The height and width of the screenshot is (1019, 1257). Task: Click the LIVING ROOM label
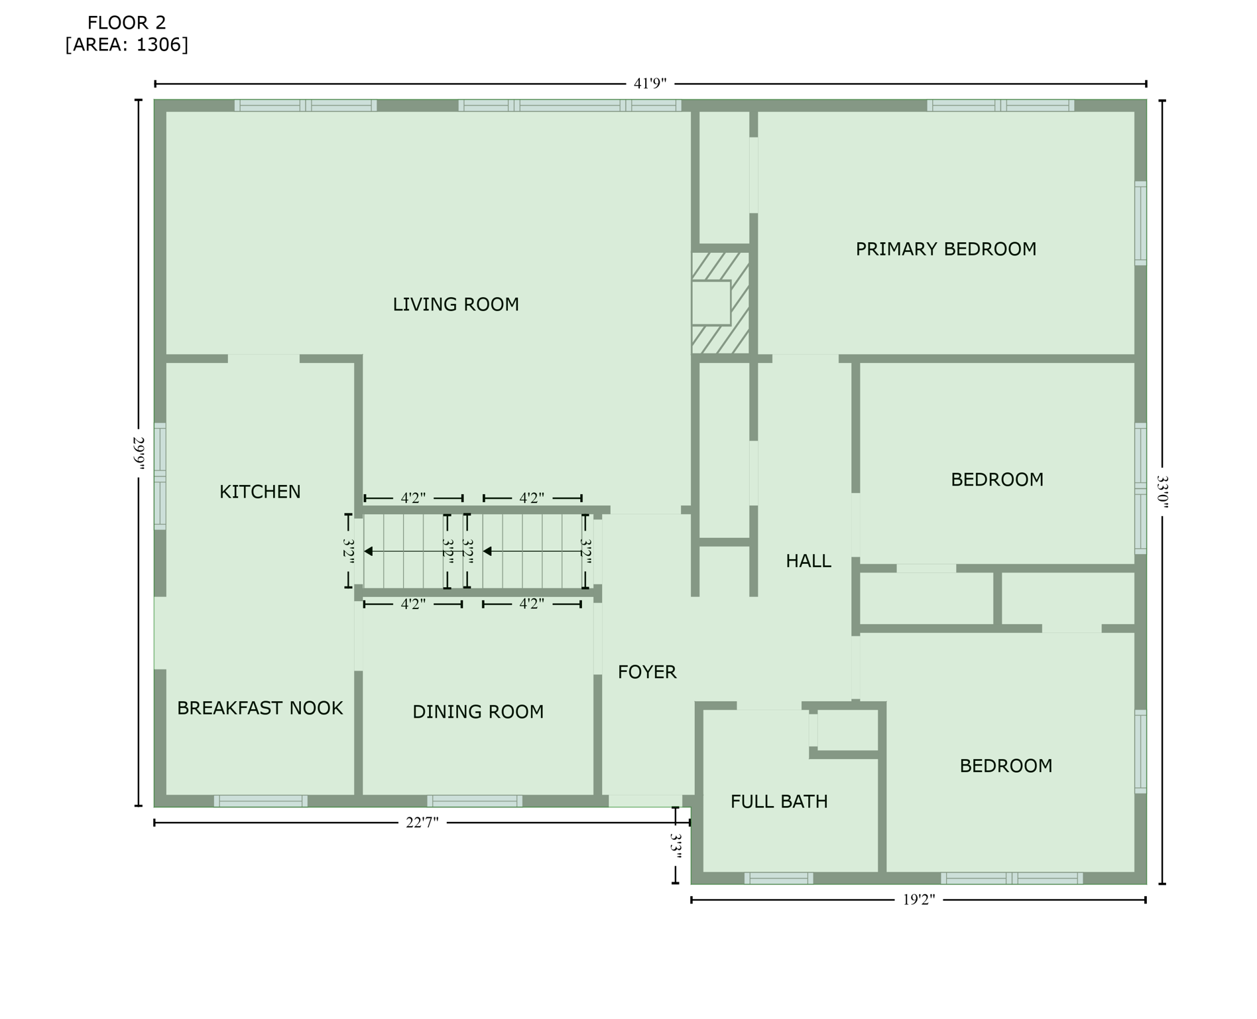[x=455, y=305]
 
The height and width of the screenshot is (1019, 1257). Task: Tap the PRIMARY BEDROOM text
[x=945, y=249]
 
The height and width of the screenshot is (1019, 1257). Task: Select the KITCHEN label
[x=260, y=492]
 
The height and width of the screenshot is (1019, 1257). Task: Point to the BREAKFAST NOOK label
[x=260, y=709]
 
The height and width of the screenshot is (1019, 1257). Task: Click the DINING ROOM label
[x=478, y=712]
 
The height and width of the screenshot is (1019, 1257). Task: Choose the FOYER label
[x=647, y=673]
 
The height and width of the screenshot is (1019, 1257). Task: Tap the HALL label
[x=808, y=561]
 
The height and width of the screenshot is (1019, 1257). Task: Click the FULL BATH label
[x=779, y=802]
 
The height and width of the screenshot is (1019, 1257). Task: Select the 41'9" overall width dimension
[x=650, y=84]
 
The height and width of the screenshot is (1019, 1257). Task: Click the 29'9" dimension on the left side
[x=139, y=452]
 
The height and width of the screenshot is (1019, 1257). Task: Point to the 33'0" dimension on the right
[x=1162, y=491]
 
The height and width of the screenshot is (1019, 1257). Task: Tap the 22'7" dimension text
[x=422, y=823]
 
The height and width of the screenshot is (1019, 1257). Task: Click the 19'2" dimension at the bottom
[x=918, y=900]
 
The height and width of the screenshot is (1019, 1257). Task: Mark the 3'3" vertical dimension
[x=676, y=847]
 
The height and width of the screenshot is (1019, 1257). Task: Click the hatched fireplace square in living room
[x=720, y=303]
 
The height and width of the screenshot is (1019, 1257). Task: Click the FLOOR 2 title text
[x=127, y=23]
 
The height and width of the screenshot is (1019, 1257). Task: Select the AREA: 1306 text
[x=127, y=45]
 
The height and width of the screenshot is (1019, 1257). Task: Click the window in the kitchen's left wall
[x=160, y=476]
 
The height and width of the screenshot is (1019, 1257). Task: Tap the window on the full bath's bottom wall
[x=778, y=878]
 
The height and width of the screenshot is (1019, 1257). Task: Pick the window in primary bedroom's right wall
[x=1140, y=223]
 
